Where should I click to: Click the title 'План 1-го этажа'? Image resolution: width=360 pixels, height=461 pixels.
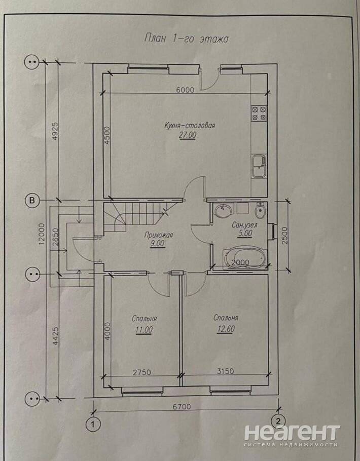tap(186, 39)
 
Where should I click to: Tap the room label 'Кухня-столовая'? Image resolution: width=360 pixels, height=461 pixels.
tap(190, 126)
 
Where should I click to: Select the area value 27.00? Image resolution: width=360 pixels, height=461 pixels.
tap(187, 135)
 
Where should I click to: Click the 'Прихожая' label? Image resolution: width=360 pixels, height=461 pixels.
tap(158, 235)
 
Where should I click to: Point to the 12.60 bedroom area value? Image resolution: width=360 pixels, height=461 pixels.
tap(226, 329)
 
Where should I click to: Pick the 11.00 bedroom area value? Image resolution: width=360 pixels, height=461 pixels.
tap(144, 330)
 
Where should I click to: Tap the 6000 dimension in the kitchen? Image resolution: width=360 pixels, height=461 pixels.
tap(185, 90)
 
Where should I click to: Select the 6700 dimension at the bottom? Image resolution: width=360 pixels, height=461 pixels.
tap(182, 407)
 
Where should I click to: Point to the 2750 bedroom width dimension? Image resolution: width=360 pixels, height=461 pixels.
tap(141, 372)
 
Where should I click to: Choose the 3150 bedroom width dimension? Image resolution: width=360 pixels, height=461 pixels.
tap(225, 371)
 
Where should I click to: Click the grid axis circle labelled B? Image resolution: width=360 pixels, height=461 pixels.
tap(32, 201)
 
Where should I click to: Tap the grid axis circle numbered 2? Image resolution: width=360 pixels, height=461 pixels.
tap(277, 420)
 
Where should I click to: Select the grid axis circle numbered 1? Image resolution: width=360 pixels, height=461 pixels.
tap(93, 424)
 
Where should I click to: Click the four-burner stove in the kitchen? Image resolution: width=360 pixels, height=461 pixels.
tap(259, 113)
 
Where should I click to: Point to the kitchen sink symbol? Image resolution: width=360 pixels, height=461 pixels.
tap(259, 166)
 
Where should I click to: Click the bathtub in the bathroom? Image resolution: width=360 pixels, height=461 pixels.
tap(244, 258)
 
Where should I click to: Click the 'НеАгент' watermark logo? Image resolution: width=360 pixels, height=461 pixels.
tap(292, 433)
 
